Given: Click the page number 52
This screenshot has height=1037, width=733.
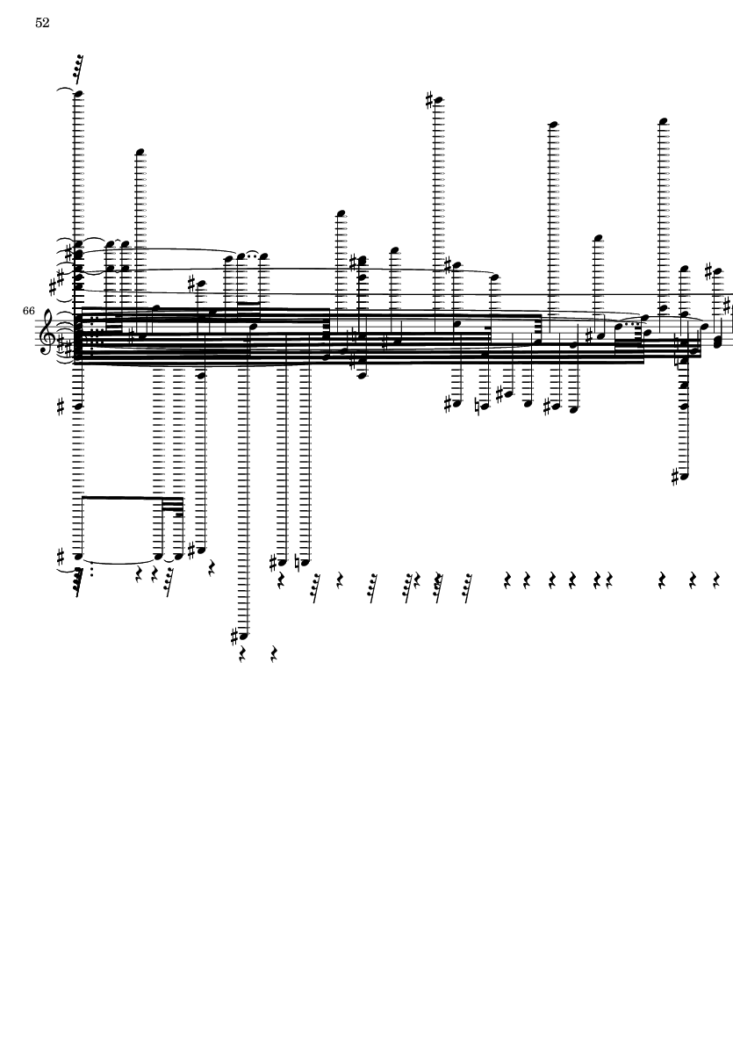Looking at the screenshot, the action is click(42, 23).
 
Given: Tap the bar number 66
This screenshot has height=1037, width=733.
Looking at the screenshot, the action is click(28, 310).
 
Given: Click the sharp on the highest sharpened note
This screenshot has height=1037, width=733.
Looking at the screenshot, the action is click(429, 100).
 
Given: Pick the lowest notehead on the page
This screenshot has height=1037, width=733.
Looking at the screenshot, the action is click(244, 637).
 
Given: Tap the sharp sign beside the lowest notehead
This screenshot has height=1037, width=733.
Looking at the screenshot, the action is click(234, 637).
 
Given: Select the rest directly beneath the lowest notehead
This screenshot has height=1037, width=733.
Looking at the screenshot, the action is click(242, 655).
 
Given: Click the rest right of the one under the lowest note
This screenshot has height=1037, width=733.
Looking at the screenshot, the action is click(274, 655).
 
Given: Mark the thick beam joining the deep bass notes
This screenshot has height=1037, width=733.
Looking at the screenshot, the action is click(120, 497).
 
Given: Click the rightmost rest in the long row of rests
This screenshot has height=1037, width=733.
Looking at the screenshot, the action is click(716, 580).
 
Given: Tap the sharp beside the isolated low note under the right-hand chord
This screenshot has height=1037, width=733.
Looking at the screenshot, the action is click(675, 476).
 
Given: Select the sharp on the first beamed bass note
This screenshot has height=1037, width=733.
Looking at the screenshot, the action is click(61, 555).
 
